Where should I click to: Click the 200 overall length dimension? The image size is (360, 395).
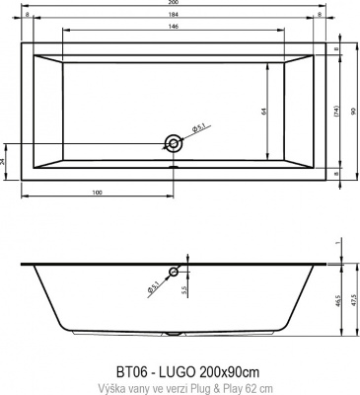(175, 4)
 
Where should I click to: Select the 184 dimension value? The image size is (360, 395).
(175, 17)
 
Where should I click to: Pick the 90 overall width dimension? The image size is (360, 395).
(352, 111)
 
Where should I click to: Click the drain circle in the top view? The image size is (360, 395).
(175, 142)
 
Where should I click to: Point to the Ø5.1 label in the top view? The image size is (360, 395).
(197, 128)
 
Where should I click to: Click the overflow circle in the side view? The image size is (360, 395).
(175, 272)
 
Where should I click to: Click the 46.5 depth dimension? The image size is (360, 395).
(338, 301)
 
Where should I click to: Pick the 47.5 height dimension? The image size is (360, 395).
(353, 301)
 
